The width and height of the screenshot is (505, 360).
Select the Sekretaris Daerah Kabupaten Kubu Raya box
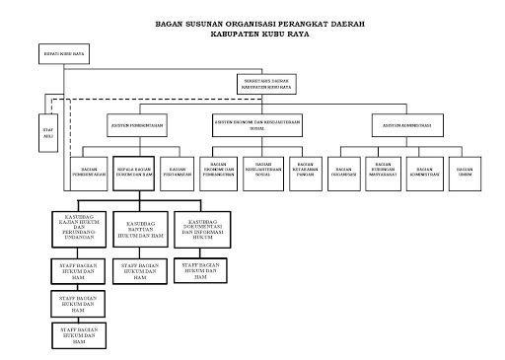267,84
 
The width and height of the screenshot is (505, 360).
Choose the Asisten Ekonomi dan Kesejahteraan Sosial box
256,125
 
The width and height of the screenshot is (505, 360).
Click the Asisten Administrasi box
408,125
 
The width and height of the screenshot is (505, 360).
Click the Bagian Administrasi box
426,170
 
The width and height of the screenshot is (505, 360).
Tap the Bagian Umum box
465,170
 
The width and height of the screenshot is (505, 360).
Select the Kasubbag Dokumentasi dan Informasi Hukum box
201,226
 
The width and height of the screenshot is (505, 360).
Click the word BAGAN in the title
172,23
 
